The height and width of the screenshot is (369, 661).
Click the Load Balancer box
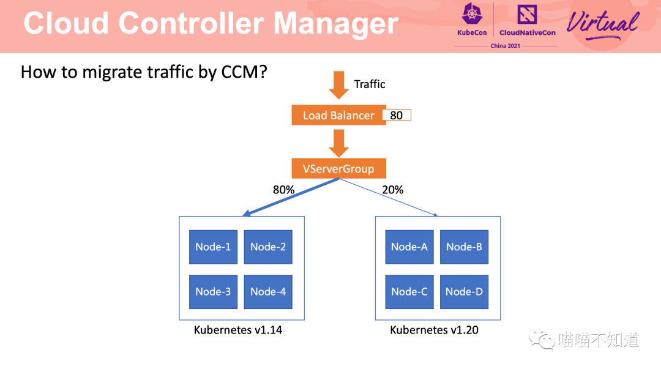coord(338,115)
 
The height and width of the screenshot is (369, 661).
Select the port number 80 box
coord(397,115)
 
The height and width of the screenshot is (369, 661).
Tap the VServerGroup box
coord(338,169)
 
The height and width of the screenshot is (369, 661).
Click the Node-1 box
coord(214,247)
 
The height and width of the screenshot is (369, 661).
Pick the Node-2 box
coord(268,247)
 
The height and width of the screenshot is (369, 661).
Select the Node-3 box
coord(214,292)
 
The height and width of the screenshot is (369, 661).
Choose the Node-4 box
coord(268,292)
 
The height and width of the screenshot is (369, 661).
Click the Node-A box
coord(409,247)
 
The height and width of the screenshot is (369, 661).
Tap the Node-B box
coord(464,247)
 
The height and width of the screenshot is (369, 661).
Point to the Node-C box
coord(409,292)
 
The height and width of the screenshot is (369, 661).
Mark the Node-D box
coord(464,292)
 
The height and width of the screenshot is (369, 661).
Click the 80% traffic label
coord(284,190)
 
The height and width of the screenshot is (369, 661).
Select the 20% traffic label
coord(392,190)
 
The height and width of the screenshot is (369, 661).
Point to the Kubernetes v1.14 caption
coord(237,330)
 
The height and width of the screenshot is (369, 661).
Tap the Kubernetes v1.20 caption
coord(434,330)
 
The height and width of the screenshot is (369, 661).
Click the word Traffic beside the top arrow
coord(370,84)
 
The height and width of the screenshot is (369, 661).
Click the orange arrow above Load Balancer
coord(338,85)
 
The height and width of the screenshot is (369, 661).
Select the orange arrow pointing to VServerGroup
coord(338,143)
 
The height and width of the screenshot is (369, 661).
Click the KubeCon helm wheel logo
coord(472,13)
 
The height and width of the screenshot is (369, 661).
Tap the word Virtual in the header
coord(602,24)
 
